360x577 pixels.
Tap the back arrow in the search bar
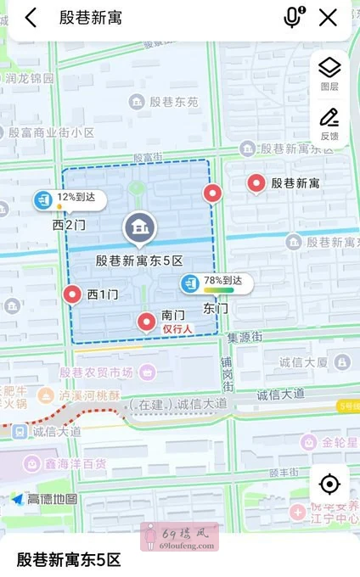tap(31, 17)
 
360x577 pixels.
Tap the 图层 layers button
tap(329, 72)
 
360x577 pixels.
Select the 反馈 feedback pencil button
tap(329, 123)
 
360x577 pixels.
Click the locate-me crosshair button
tap(329, 485)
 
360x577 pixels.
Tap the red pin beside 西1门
tap(73, 294)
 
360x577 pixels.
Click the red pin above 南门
tap(147, 321)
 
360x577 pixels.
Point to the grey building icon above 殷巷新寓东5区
tap(138, 227)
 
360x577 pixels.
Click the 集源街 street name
tap(245, 338)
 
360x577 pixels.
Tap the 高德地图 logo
tap(44, 500)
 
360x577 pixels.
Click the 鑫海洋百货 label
tap(76, 463)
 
